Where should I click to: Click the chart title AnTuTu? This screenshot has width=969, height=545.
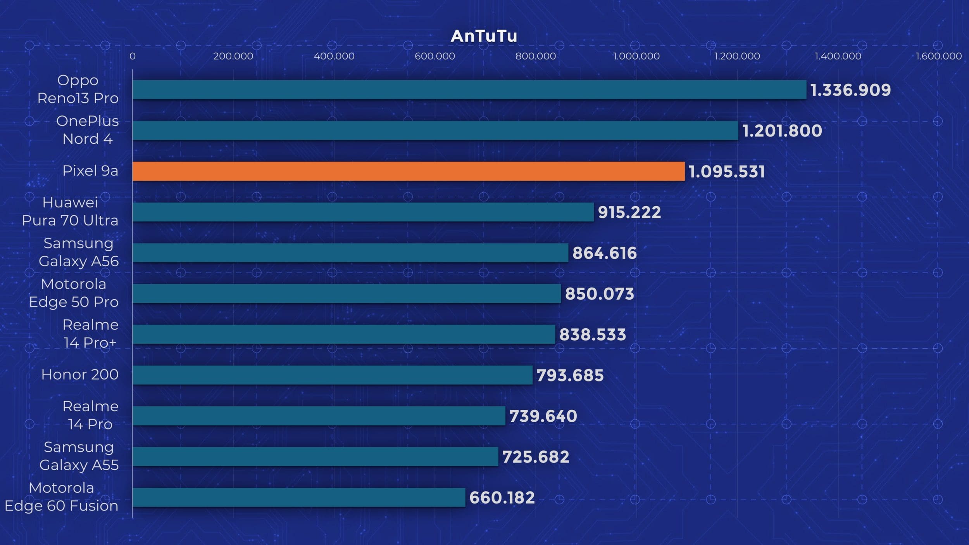click(484, 36)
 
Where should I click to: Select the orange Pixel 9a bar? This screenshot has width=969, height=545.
click(409, 171)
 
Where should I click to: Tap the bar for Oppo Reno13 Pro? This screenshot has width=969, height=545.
click(469, 90)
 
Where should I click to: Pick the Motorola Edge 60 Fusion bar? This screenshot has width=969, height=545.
click(298, 497)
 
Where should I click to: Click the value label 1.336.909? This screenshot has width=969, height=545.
click(850, 90)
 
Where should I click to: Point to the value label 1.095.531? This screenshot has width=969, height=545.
click(726, 171)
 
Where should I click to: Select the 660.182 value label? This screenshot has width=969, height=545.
click(502, 498)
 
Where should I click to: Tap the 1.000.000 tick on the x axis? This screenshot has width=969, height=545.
click(636, 56)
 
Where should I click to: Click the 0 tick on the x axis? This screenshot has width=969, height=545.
click(133, 56)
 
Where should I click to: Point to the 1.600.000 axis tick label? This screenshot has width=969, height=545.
click(938, 56)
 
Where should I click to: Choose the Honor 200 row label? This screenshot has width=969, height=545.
click(80, 374)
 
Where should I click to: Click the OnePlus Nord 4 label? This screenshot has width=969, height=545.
click(88, 130)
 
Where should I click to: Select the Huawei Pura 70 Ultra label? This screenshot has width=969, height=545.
click(70, 211)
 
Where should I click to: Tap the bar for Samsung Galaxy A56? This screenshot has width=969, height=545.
click(350, 253)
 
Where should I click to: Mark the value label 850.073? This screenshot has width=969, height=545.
click(599, 294)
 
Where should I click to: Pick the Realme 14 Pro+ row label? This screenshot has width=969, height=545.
click(90, 334)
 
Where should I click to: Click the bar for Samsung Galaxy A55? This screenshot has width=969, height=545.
click(315, 457)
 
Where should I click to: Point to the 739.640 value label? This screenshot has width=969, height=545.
click(543, 416)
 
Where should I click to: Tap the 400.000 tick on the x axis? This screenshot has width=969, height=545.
click(334, 56)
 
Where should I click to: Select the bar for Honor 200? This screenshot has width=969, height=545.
click(332, 375)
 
